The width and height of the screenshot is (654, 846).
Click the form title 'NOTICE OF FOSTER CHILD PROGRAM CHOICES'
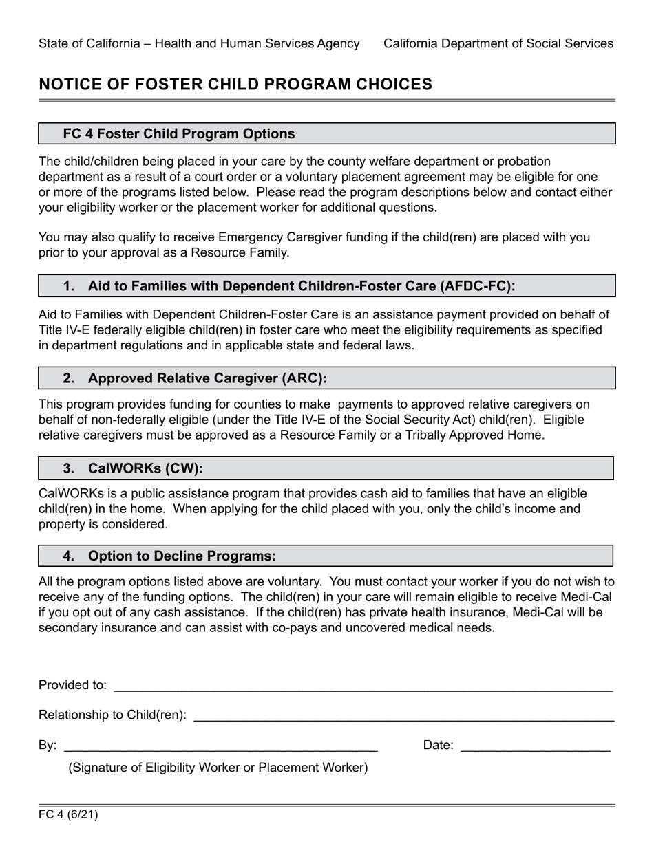coord(235,84)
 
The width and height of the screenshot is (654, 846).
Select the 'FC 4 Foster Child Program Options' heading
coord(179,133)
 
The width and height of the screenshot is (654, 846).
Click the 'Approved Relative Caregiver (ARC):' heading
coord(207,378)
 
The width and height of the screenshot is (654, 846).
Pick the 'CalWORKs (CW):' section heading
coord(145,468)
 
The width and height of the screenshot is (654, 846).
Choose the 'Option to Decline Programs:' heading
coord(182,556)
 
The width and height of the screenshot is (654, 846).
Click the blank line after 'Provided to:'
coord(363,686)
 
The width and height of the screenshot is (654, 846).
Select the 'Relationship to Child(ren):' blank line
coord(403,716)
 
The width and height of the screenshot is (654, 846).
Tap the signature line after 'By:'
coord(220,746)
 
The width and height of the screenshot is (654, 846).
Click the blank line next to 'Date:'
coord(535,746)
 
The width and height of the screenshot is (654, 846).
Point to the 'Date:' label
coord(438,745)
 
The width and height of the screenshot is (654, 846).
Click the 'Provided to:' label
coord(72,685)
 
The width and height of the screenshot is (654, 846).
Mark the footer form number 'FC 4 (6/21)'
coord(68,816)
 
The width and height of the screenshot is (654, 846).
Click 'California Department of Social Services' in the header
coord(498,43)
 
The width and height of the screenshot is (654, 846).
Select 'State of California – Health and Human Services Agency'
coord(199,43)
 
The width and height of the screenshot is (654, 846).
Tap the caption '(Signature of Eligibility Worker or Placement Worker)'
coord(218,768)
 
